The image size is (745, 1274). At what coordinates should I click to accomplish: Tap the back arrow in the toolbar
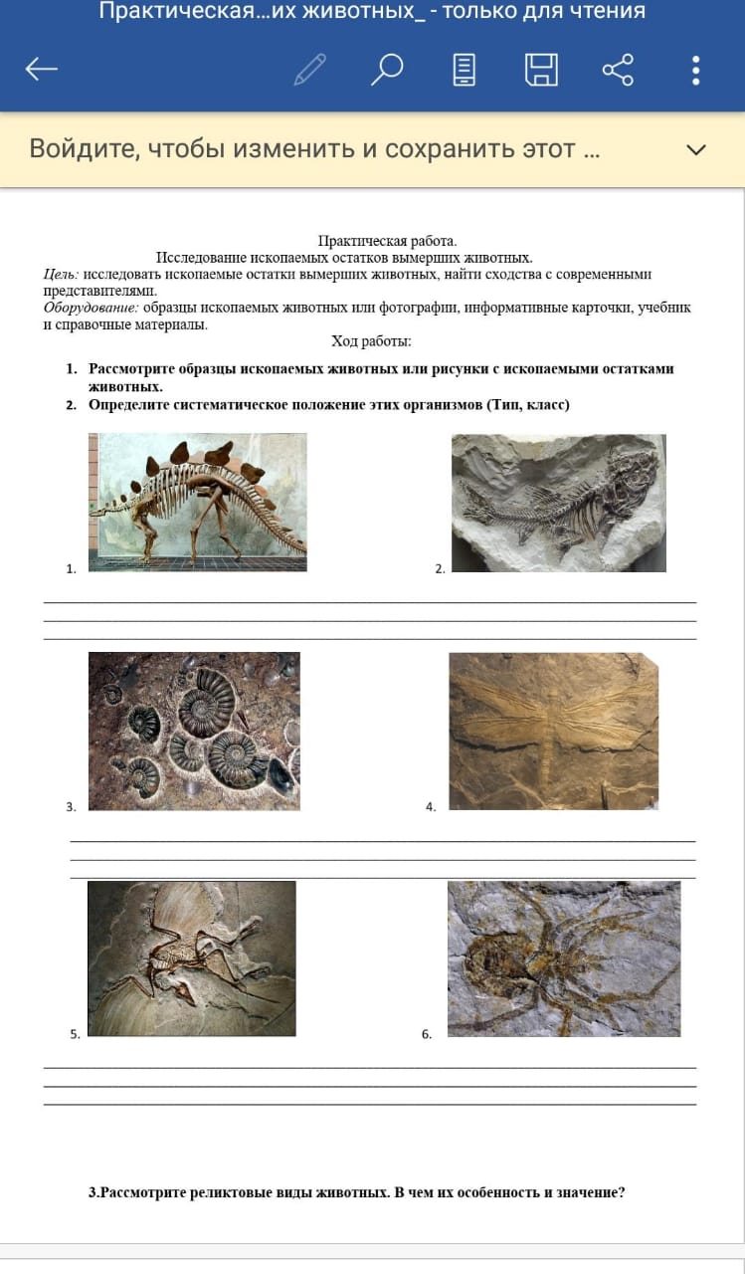point(42,69)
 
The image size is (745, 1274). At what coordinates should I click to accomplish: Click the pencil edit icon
point(310,70)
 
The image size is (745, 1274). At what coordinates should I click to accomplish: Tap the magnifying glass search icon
point(388,70)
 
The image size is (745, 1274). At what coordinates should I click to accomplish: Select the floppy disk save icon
point(541,70)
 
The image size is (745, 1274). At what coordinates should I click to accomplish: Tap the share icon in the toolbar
point(618,70)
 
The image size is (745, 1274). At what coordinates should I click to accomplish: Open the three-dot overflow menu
point(695,70)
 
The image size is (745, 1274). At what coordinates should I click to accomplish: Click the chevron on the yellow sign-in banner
point(696,149)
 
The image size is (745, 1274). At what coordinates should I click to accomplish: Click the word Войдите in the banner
point(85,149)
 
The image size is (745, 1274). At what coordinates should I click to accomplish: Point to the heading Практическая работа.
point(388,241)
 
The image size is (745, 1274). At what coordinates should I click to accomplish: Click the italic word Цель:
point(62,274)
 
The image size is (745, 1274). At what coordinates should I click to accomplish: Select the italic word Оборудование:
point(91,308)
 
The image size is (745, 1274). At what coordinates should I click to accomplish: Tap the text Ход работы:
point(372,341)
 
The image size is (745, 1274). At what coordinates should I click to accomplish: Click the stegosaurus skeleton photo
point(198,503)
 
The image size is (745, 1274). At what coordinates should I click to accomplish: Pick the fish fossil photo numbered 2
point(559,503)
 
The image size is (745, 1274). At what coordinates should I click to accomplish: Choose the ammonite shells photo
point(194,731)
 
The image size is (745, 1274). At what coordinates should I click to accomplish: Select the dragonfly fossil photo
point(554,731)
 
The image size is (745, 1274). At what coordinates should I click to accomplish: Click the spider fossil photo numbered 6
point(564,958)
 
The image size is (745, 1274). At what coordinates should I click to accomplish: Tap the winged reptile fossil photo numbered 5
point(192,958)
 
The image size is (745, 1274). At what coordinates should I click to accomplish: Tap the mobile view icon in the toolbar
point(465,70)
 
